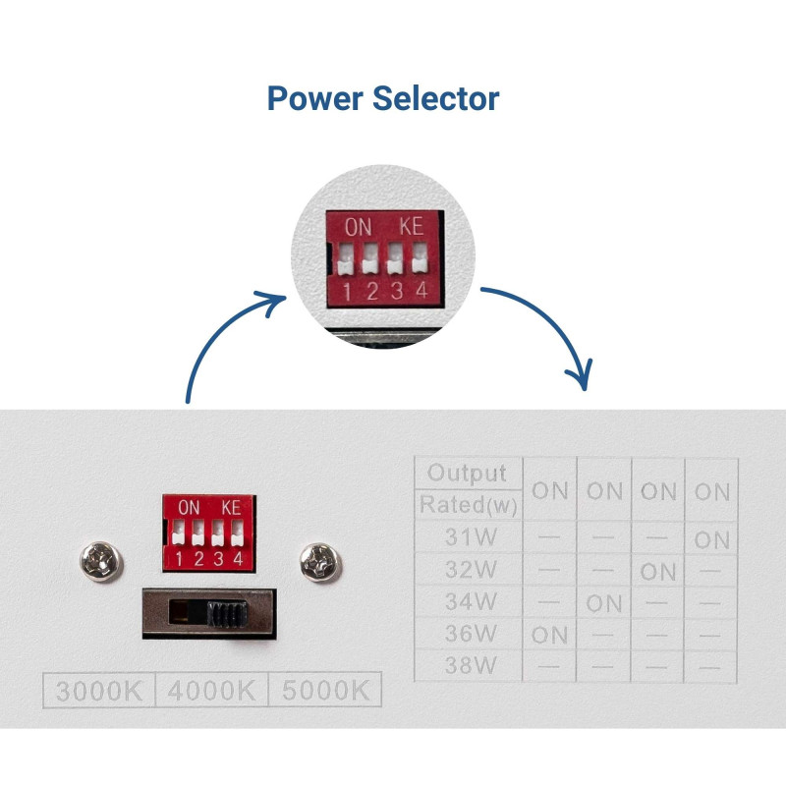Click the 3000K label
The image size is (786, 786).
point(98,690)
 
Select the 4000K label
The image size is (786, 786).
point(211,690)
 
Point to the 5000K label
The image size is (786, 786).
point(324,690)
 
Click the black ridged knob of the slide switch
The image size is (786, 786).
point(227,615)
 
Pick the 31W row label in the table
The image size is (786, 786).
point(467,538)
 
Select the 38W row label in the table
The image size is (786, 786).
point(467,665)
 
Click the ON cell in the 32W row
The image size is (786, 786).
point(658,571)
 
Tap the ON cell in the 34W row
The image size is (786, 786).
point(604,602)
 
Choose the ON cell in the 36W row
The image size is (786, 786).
point(550,635)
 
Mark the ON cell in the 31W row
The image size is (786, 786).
point(712,539)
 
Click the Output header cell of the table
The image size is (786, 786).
point(468,473)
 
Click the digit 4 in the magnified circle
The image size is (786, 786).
point(421,290)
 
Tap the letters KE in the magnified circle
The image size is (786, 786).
point(411,226)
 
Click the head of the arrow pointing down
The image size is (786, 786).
point(583,379)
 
